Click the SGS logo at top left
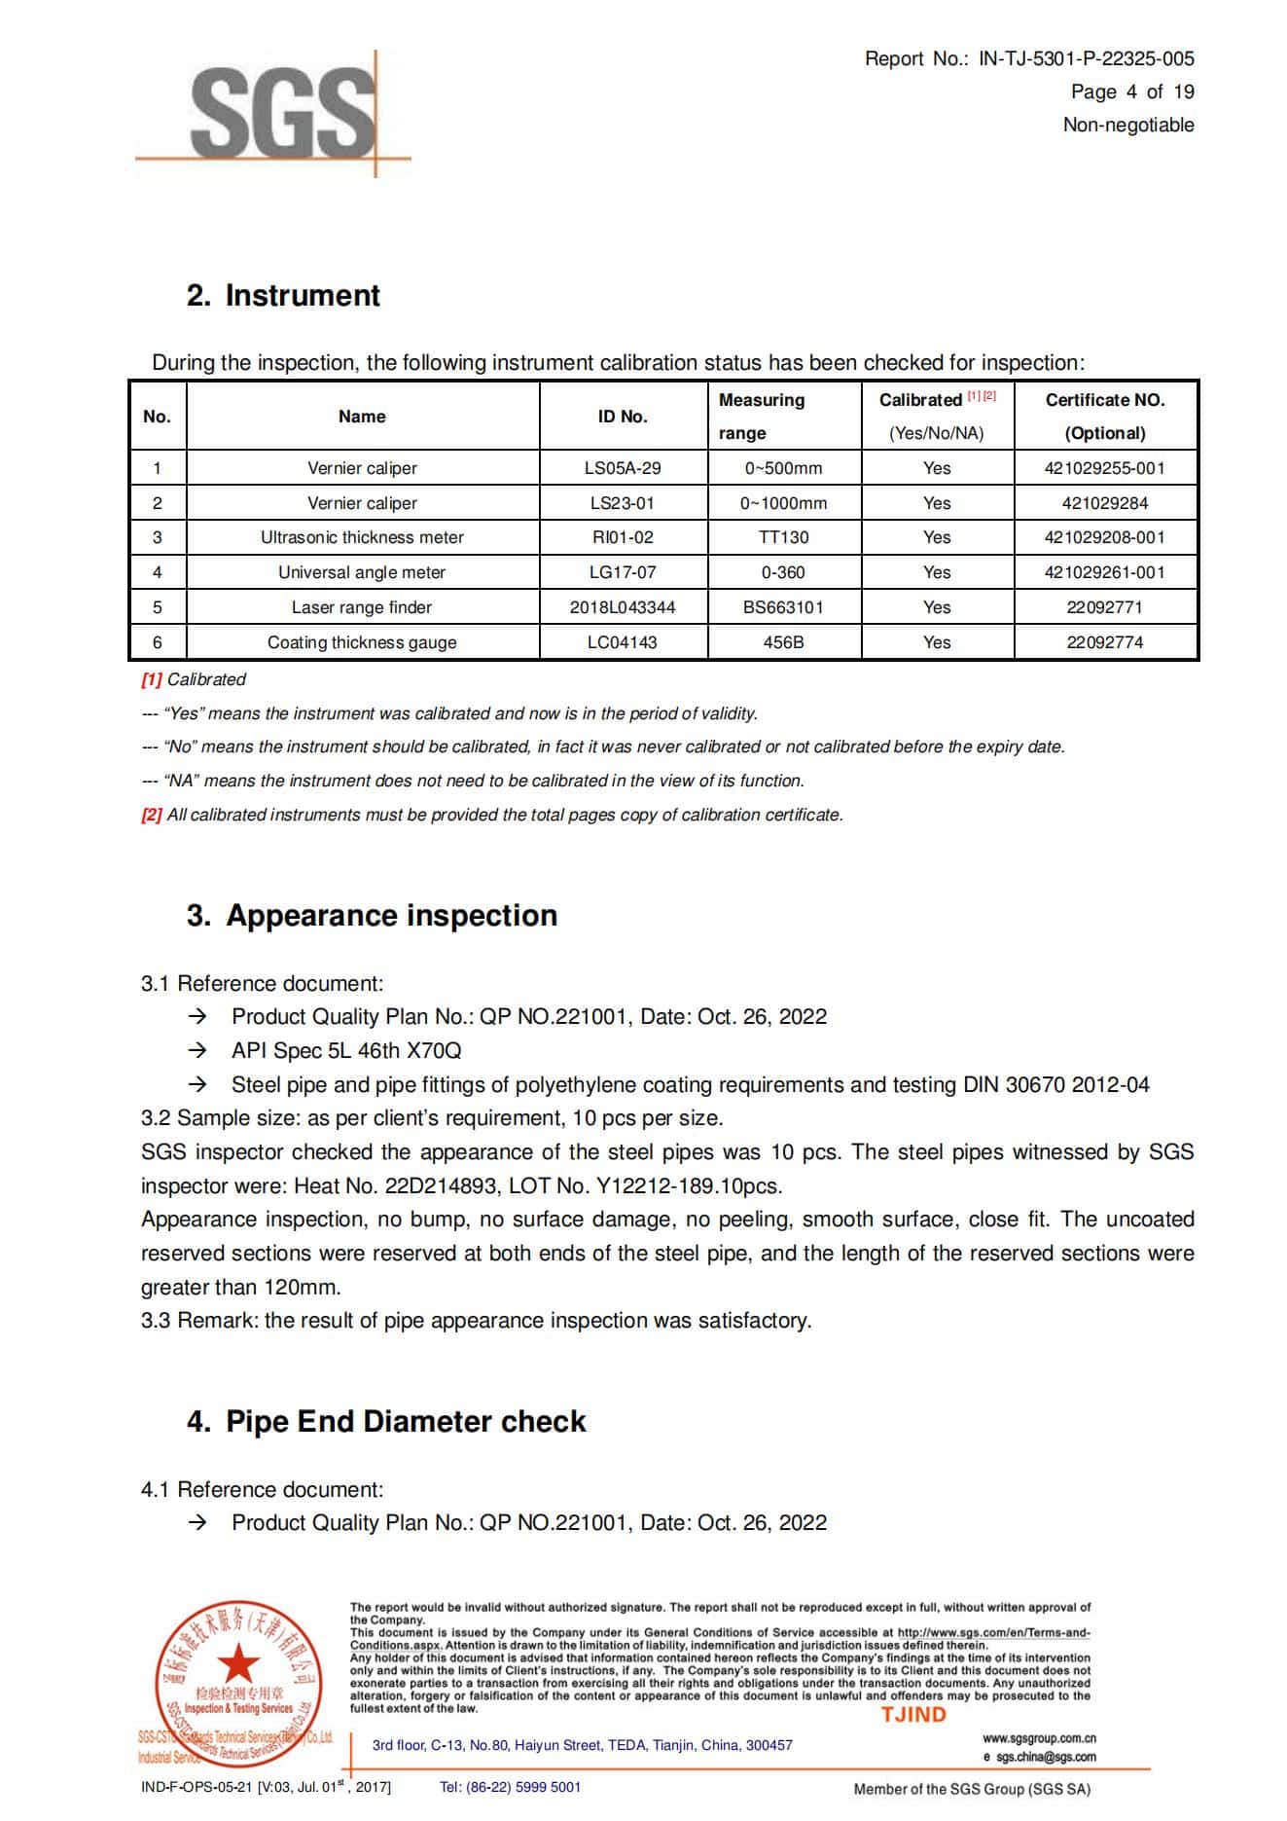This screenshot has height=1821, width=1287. tap(282, 112)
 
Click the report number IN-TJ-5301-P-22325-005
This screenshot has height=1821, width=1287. tap(1086, 58)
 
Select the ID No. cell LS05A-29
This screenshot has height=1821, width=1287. tap(623, 468)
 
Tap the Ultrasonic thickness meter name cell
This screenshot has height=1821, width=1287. tap(362, 537)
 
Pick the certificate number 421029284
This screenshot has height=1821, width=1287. tap(1104, 503)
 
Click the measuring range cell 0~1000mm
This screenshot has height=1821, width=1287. tap(783, 503)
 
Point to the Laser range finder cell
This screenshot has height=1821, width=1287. tap(362, 607)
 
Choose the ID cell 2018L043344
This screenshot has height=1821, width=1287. tap(623, 607)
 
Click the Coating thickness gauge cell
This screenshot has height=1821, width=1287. tap(362, 642)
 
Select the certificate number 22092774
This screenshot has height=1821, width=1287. tap(1104, 642)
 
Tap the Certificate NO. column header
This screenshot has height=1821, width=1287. tap(1104, 416)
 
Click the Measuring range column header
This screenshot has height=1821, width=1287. tap(762, 416)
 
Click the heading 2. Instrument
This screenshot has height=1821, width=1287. tap(283, 296)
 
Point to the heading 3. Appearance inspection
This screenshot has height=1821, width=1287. tap(372, 916)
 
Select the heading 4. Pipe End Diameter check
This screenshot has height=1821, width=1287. tap(386, 1422)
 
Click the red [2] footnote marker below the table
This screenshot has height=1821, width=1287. tap(152, 815)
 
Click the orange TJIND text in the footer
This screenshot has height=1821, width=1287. tap(913, 1715)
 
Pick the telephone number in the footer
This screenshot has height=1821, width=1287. tap(510, 1787)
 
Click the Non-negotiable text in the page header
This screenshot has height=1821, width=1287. tap(1127, 125)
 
